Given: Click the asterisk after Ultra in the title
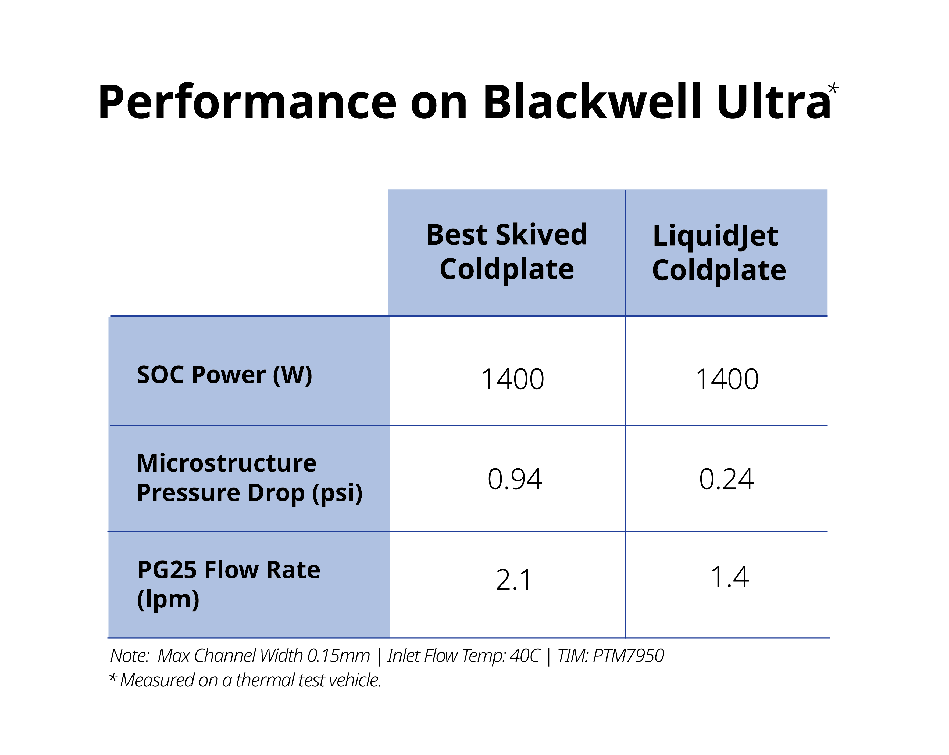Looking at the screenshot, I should pyautogui.click(x=833, y=89).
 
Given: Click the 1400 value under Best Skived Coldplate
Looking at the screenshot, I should pyautogui.click(x=512, y=379).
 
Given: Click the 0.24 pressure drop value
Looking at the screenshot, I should pyautogui.click(x=726, y=479).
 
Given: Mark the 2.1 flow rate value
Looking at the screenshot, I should pyautogui.click(x=514, y=580).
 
